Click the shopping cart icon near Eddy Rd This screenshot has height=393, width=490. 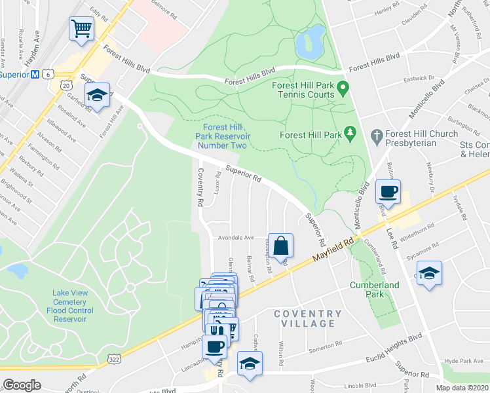click(x=81, y=28)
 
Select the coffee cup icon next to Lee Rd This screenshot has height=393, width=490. click(x=388, y=192)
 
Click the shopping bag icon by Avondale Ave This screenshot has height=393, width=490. click(x=280, y=246)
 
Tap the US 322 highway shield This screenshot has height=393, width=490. click(x=113, y=360)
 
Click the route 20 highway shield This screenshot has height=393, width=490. click(x=66, y=86)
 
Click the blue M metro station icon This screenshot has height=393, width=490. click(x=34, y=74)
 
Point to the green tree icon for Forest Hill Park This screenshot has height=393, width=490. click(x=350, y=134)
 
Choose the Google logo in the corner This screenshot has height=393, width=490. click(x=22, y=384)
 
